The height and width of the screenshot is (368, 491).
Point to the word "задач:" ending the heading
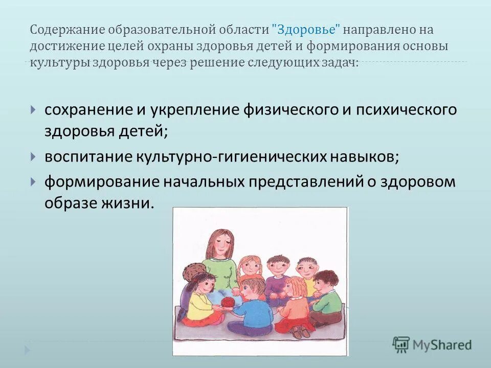click(x=342, y=62)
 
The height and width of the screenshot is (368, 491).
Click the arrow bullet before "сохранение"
click(x=33, y=110)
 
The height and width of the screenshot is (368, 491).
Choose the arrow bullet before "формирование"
click(x=33, y=181)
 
